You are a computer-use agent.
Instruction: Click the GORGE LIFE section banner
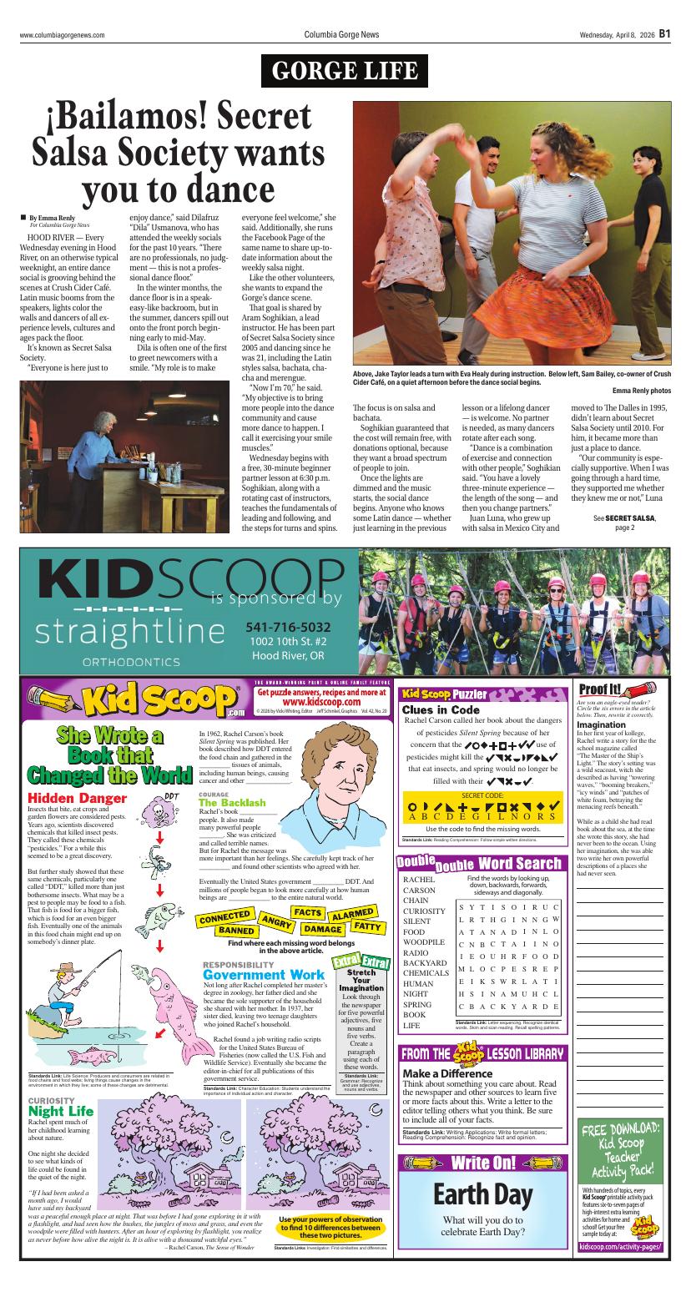point(345,71)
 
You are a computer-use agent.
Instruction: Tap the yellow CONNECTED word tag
point(224,917)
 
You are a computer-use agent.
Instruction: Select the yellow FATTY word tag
point(367,926)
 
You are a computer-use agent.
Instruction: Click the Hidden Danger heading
point(77,799)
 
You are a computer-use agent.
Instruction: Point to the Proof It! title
point(600,689)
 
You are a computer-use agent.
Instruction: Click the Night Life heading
point(61,1112)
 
